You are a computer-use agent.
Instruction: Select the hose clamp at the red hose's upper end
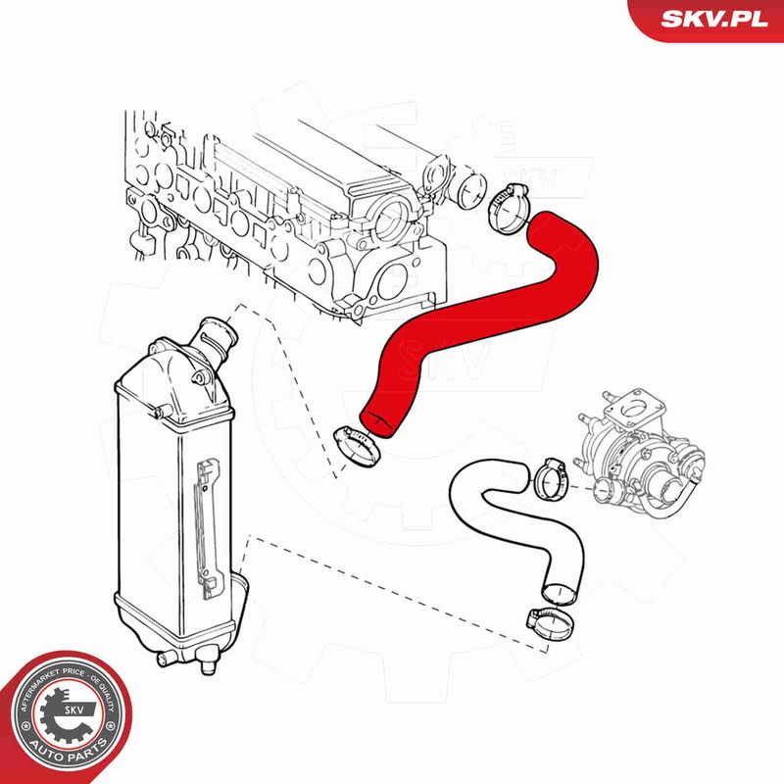(509, 208)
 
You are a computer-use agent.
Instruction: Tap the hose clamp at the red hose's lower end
(357, 447)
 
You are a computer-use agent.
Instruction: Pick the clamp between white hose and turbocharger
(551, 479)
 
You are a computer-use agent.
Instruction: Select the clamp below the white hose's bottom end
(550, 622)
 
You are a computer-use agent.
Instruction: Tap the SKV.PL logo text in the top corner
(714, 19)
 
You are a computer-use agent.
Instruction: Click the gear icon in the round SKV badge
(66, 715)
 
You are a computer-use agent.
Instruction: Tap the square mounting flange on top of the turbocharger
(635, 411)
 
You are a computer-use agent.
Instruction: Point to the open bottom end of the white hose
(559, 594)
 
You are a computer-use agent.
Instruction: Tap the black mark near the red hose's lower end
(377, 418)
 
